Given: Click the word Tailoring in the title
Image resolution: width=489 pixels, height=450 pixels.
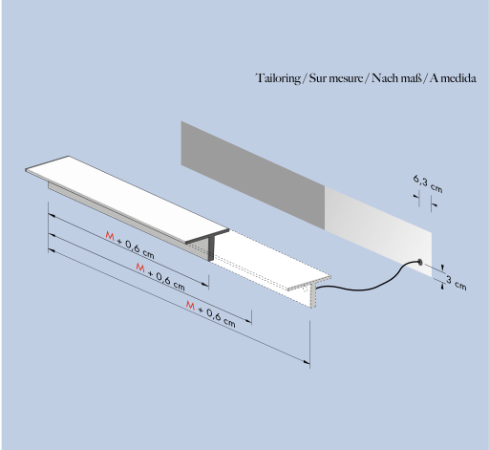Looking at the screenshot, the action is [279, 78].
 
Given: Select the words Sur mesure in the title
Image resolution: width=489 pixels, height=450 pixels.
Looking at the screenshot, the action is [336, 78].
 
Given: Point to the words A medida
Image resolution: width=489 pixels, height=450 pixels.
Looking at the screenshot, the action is [453, 78].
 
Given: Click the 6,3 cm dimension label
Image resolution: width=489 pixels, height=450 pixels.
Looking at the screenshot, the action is [428, 183].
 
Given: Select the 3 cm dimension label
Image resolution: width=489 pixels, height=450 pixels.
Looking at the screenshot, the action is [456, 283].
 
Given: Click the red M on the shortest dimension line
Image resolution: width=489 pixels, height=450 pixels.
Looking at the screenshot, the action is [110, 236].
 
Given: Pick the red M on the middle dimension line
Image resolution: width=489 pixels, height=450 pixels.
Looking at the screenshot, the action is [140, 267].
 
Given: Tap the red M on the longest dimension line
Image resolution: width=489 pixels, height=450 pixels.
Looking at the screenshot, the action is [190, 306].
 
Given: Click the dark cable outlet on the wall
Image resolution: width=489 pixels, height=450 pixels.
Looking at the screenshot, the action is [419, 263].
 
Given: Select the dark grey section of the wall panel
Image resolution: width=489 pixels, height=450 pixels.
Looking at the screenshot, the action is [253, 175].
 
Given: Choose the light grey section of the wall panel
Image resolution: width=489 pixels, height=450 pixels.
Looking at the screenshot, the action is [378, 231].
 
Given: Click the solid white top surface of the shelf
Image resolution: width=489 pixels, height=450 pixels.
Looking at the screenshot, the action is [127, 198].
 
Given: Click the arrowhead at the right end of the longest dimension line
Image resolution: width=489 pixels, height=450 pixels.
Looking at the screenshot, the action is [307, 362].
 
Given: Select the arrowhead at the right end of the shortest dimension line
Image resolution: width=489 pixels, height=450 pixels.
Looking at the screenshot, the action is [205, 283].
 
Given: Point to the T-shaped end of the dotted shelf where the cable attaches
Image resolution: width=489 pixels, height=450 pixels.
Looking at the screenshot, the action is [310, 290].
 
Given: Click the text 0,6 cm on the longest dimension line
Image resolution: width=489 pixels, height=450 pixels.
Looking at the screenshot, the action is [221, 319].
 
